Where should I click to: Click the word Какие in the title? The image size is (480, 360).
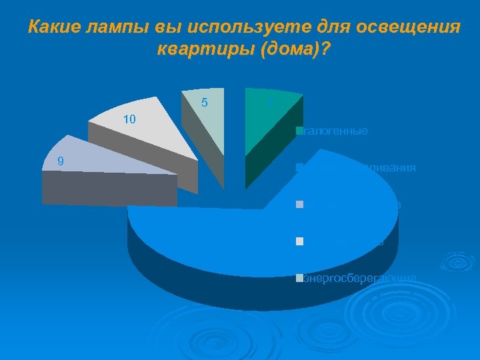tap(51, 28)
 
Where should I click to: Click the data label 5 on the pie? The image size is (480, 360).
tap(204, 103)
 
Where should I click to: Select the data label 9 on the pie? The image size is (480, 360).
tap(61, 160)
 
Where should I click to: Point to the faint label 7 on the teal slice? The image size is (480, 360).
tap(270, 102)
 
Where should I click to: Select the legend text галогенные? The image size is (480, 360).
tap(335, 131)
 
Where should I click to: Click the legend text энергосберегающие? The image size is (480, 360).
tap(360, 278)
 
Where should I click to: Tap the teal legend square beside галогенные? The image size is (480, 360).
tap(300, 131)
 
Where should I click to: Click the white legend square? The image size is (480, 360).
tap(300, 241)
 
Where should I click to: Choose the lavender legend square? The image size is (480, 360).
tap(300, 204)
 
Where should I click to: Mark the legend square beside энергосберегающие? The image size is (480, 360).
tap(300, 277)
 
